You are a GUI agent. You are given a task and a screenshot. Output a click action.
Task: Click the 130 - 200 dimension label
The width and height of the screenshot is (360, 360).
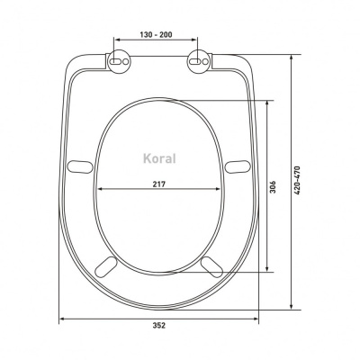(156, 34)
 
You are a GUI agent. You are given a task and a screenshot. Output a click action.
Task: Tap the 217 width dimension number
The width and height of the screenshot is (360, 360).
(159, 184)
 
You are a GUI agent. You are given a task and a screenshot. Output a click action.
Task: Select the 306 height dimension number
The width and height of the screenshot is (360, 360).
(273, 186)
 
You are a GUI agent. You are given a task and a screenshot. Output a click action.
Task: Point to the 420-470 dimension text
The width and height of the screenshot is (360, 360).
(297, 181)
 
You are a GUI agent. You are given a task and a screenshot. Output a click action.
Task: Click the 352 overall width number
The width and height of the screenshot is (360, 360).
(159, 325)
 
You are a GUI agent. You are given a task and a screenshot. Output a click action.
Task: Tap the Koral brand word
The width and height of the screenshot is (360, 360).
(159, 158)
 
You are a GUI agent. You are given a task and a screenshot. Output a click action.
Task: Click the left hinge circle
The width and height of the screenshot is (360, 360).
(119, 61)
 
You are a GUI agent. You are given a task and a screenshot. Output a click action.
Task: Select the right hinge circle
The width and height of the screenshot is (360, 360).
(199, 61)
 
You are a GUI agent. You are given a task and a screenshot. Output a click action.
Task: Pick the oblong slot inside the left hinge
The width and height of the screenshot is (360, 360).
(116, 61)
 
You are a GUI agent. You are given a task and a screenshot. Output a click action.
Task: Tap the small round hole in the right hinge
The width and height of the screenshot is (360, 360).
(205, 61)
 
